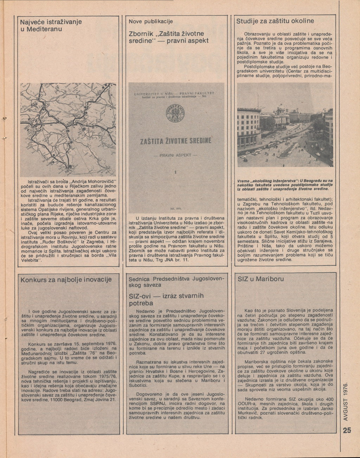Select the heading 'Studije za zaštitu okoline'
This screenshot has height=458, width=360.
[x=275, y=21]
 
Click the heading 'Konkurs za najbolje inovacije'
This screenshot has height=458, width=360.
[x=66, y=280]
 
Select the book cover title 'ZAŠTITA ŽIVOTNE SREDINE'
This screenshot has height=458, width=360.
[x=176, y=141]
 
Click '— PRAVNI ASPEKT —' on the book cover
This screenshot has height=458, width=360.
[x=175, y=155]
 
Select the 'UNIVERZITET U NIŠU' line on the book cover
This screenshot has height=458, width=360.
[x=155, y=95]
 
